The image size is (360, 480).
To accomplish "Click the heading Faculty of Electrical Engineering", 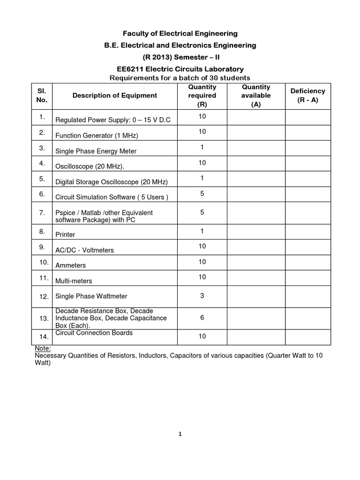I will [x=180, y=33].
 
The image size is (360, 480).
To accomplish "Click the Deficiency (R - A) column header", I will [x=307, y=96].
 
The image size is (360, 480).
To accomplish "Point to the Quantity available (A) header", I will [x=256, y=96].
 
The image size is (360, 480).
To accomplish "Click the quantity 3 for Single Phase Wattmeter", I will [x=202, y=296].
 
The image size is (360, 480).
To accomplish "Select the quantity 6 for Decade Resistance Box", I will [x=202, y=317].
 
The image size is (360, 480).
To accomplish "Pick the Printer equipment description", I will [x=65, y=234].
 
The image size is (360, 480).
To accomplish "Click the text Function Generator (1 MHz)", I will [x=97, y=136].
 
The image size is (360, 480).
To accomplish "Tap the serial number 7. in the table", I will [x=42, y=212].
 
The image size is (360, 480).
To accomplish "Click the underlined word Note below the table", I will [x=43, y=349].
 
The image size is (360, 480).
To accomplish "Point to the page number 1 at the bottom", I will [x=180, y=434].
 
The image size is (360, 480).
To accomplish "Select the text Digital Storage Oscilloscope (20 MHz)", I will [x=111, y=182].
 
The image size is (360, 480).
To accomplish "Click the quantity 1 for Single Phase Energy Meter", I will [x=202, y=147].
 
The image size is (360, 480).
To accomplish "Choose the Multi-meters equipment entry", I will [x=74, y=281].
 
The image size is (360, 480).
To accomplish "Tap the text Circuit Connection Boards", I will [x=94, y=333].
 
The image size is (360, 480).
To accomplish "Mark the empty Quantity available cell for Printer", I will [x=256, y=232].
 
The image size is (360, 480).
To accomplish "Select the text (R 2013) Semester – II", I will [x=180, y=57].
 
